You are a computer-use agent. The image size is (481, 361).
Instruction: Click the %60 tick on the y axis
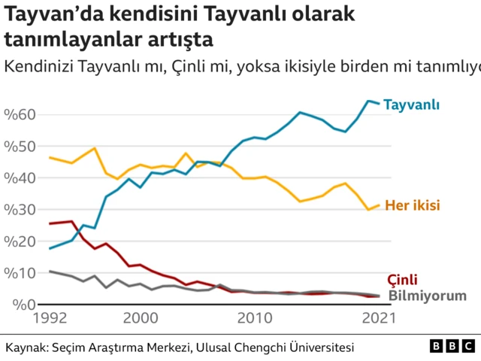coord(20,114)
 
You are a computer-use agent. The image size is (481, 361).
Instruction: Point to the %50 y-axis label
coord(20,146)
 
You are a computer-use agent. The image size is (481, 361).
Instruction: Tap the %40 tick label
coord(20,178)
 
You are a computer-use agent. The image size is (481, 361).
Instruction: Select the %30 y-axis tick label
coord(20,210)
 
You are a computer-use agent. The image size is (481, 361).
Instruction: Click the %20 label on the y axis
coord(20,241)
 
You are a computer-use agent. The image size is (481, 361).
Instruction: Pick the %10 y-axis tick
coord(20,273)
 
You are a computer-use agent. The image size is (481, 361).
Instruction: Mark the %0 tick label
coord(18,305)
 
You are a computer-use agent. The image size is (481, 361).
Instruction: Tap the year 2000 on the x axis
coord(140,319)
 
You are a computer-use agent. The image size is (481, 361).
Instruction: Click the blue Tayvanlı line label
coord(412,105)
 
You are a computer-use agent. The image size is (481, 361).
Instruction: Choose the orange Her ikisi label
coord(412,205)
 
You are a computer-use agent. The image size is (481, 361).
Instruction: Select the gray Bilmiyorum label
coord(427,296)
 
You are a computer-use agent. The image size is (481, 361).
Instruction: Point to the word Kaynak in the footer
coord(25,347)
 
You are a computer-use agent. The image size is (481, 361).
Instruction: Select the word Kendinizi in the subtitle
coord(37,66)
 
